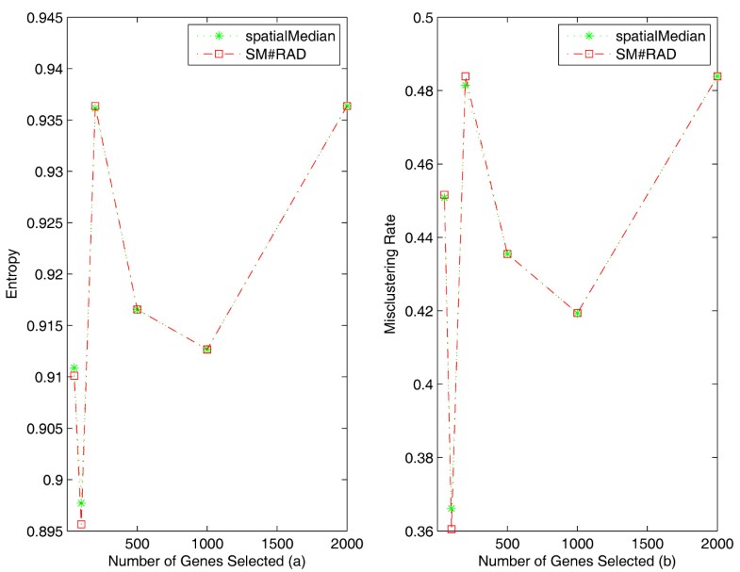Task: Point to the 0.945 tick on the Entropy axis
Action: point(41,18)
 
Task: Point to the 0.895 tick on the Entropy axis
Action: point(41,531)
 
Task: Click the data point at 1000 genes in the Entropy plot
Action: point(206,349)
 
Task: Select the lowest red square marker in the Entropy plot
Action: point(81,524)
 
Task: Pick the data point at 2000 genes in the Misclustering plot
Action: point(717,76)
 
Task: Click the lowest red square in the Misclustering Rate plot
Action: point(452,529)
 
